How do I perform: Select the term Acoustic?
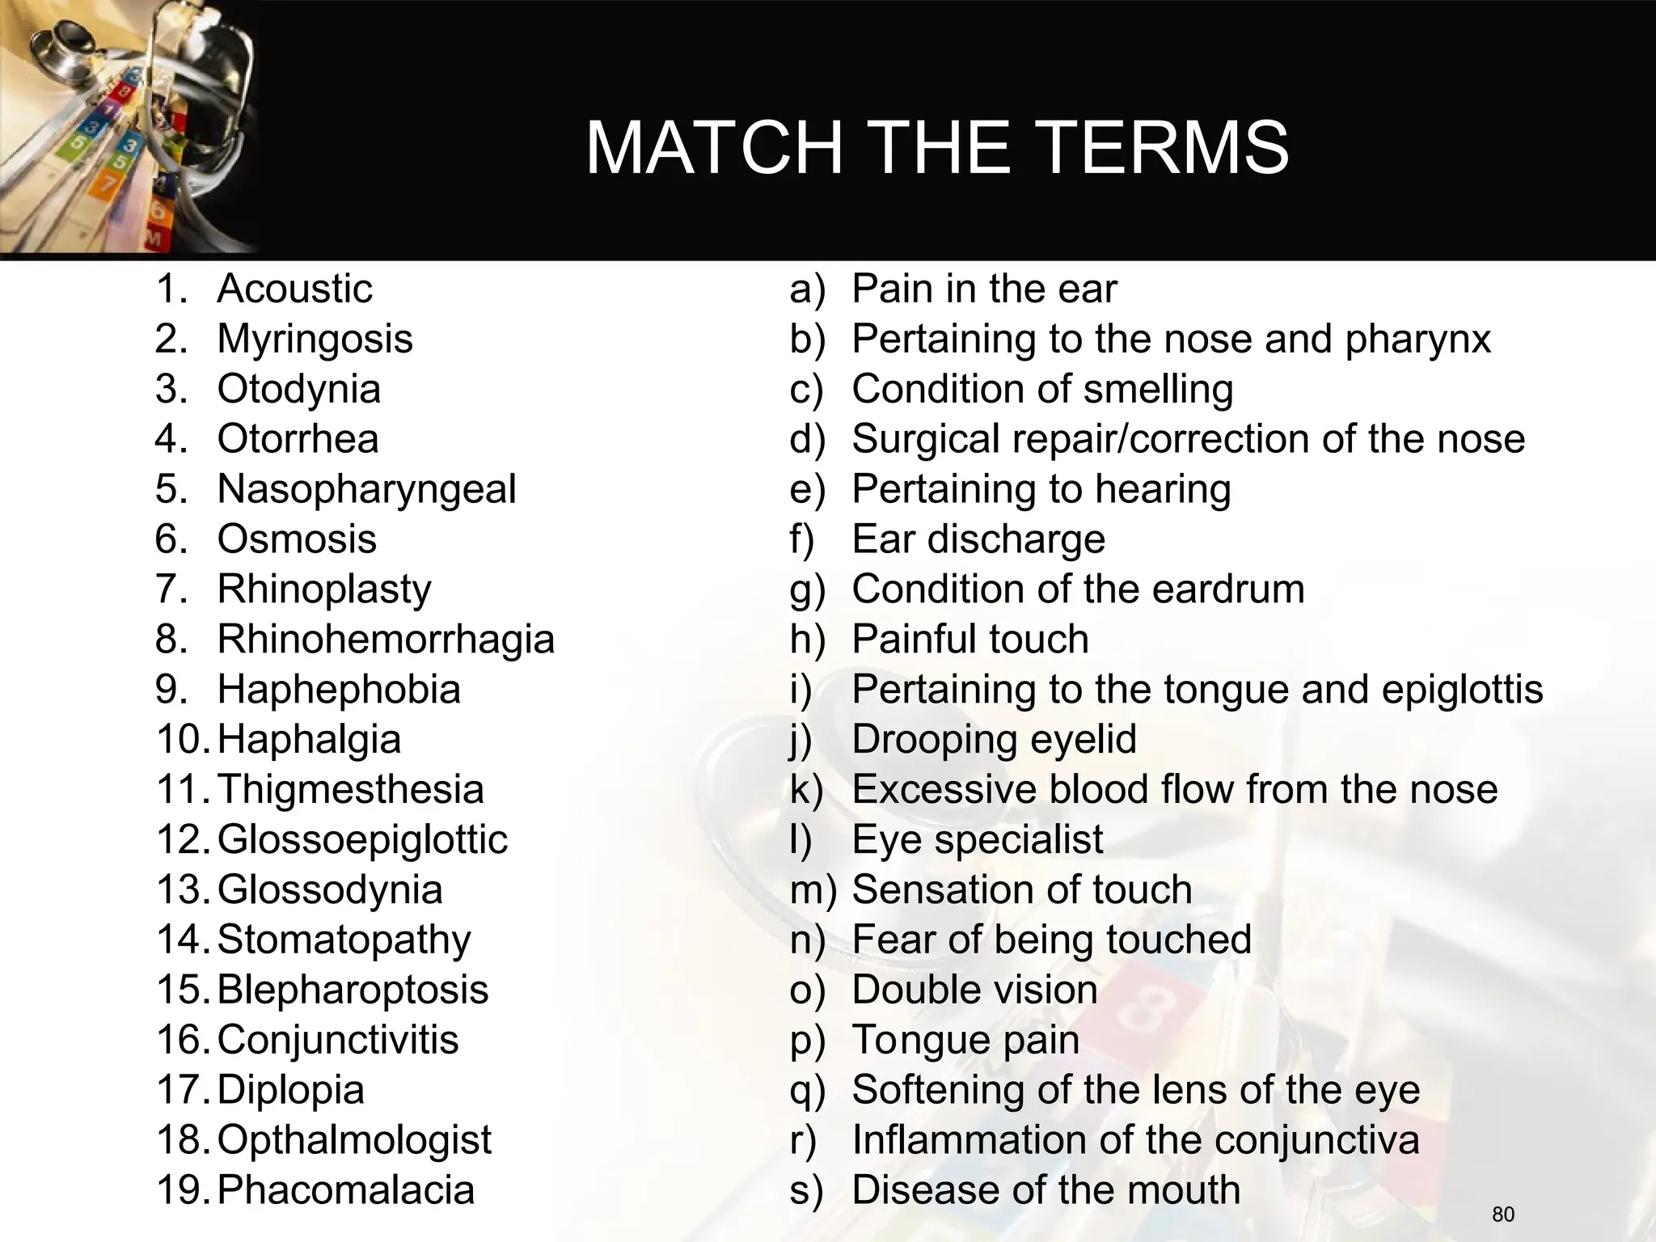pos(294,289)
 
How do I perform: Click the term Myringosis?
pos(315,340)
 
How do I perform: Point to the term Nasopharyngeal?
pos(366,489)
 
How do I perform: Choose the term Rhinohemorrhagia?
pos(386,640)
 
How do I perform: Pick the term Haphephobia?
pos(339,690)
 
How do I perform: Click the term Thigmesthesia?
pos(350,789)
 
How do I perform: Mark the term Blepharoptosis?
pos(353,990)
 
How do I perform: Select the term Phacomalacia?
pos(345,1190)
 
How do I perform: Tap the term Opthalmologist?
pos(354,1140)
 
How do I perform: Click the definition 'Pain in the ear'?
pos(984,289)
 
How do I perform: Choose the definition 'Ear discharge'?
pos(978,539)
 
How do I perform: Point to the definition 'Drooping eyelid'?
pos(994,740)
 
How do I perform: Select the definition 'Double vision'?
pos(974,990)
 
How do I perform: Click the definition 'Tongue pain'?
pos(965,1040)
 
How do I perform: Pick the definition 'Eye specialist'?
pos(977,839)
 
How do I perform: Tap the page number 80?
pos(1503,1215)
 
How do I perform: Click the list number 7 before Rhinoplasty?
pos(171,589)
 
